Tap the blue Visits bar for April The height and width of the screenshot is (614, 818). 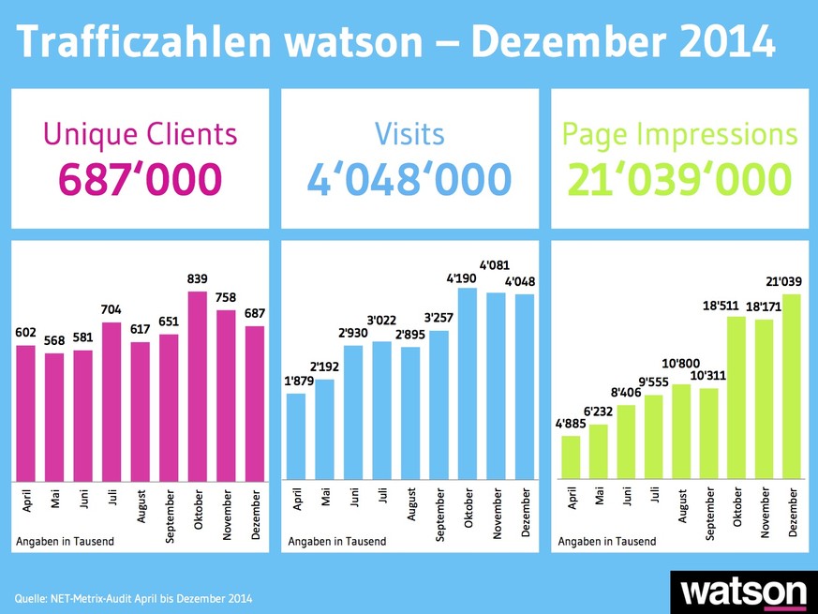tap(296, 435)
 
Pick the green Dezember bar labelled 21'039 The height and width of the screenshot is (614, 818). tap(793, 384)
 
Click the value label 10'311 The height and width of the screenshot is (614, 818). tap(708, 376)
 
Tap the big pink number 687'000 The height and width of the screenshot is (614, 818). tap(141, 179)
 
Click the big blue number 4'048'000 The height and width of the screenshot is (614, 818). tap(409, 179)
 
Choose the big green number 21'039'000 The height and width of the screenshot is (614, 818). tap(679, 179)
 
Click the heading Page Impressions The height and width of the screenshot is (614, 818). tap(679, 134)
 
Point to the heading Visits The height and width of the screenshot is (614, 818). tap(409, 134)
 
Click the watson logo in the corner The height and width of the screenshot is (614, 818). tap(745, 592)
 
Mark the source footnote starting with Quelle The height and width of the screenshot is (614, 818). tap(134, 597)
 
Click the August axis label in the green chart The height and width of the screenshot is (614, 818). tap(682, 508)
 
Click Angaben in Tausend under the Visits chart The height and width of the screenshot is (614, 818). tap(337, 541)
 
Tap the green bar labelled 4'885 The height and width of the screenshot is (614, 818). tap(570, 456)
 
